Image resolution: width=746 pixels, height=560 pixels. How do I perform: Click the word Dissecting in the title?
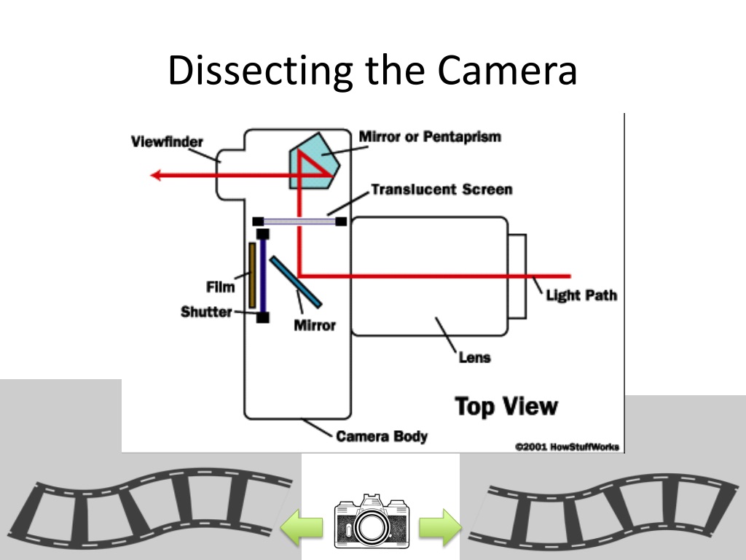click(x=260, y=71)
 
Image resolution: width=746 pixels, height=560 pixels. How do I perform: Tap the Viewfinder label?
click(x=167, y=141)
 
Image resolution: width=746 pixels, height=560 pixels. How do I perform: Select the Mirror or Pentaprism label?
click(x=430, y=136)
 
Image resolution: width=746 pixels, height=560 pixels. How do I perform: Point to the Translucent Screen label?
click(x=441, y=190)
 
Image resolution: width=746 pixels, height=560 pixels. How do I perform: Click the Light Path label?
click(x=581, y=295)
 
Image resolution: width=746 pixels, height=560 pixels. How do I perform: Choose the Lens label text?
click(x=474, y=357)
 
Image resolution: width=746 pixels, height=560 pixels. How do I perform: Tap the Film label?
click(x=220, y=287)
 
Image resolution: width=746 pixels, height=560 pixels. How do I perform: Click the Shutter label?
click(x=206, y=311)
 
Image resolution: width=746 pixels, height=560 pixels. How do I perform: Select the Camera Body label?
click(x=382, y=436)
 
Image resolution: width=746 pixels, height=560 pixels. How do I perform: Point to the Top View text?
click(x=506, y=406)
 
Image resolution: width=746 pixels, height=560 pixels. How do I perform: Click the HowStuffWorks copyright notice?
click(x=567, y=447)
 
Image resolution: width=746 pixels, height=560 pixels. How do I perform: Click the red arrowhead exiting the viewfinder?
click(x=156, y=175)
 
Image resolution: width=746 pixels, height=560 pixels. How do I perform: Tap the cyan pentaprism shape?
click(x=315, y=160)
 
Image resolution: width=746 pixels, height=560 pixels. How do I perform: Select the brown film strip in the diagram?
click(x=252, y=275)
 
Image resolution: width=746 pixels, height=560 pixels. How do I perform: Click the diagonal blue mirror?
click(x=296, y=282)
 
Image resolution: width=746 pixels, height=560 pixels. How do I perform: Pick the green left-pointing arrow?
click(x=302, y=526)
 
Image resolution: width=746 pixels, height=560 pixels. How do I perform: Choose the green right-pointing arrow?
click(x=440, y=526)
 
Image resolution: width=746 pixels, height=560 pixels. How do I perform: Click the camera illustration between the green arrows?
click(x=372, y=521)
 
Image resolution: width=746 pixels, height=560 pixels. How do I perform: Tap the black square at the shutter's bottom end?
click(x=262, y=317)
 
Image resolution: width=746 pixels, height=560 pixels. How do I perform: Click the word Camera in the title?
click(x=507, y=71)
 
